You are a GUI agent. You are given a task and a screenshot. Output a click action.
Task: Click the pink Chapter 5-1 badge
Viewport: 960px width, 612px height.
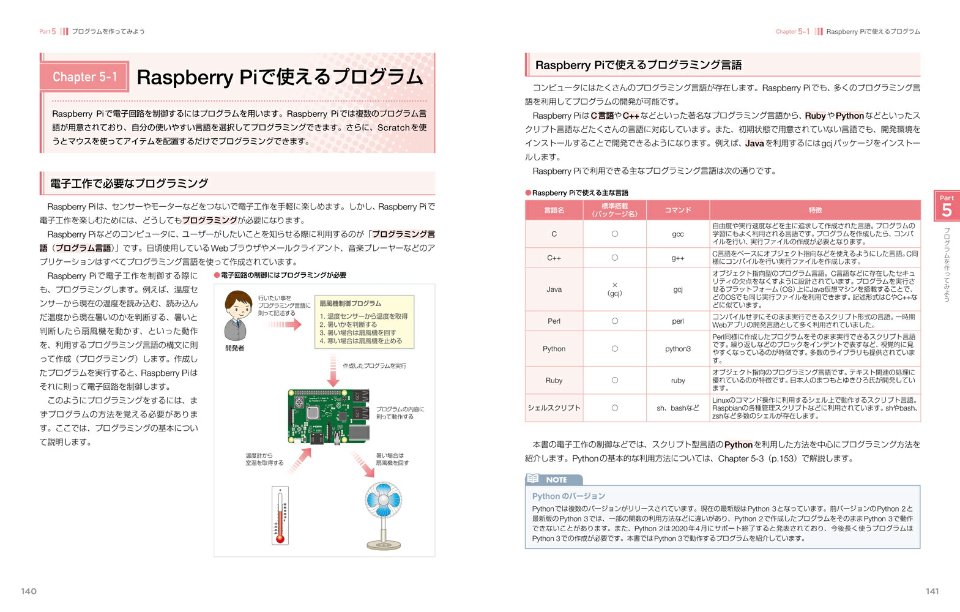click(x=84, y=77)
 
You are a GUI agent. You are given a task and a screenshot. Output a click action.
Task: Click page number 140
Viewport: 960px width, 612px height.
click(x=29, y=591)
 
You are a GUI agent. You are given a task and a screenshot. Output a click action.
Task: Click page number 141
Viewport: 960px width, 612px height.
click(x=932, y=591)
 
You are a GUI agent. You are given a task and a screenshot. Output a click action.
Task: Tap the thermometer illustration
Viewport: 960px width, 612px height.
click(x=280, y=515)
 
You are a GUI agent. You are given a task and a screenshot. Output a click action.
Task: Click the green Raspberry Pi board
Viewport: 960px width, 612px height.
click(x=329, y=416)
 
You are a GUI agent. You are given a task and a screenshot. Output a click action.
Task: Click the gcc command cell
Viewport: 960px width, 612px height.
click(x=678, y=234)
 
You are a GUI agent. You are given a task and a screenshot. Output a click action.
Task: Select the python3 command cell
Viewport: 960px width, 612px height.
click(x=678, y=349)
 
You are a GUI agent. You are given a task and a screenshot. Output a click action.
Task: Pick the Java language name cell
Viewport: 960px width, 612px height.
click(x=554, y=289)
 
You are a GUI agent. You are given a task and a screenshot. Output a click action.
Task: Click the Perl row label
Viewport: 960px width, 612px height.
click(x=554, y=321)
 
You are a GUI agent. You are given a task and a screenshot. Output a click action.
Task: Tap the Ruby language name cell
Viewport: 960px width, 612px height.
click(x=554, y=380)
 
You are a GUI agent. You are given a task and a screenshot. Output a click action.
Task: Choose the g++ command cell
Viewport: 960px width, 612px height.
click(x=678, y=258)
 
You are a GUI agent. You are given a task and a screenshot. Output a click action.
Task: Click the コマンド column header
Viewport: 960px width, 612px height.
click(x=678, y=210)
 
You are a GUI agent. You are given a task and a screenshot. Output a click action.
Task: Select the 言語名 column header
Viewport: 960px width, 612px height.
click(x=554, y=210)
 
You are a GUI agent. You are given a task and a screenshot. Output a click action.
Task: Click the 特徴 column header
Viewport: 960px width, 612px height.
click(x=815, y=210)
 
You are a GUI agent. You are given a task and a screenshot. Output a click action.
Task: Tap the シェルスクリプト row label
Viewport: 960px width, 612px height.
click(x=554, y=408)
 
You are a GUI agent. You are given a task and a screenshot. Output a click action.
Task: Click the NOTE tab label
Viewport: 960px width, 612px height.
click(x=556, y=480)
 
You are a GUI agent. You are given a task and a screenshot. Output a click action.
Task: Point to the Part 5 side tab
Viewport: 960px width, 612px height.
click(x=947, y=206)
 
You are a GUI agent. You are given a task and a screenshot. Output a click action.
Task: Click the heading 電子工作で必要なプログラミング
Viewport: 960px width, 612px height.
click(x=129, y=184)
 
